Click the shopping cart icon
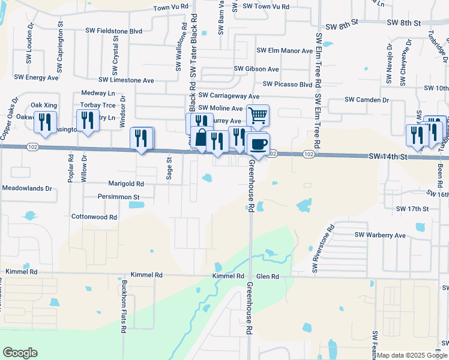(x=258, y=115)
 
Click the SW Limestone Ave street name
(x=127, y=80)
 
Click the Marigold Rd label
(x=126, y=184)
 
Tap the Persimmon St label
(x=119, y=196)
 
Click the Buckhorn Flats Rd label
(x=123, y=306)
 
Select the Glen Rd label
(x=267, y=276)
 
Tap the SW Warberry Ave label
(x=381, y=235)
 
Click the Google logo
(x=20, y=353)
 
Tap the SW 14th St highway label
(x=388, y=156)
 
